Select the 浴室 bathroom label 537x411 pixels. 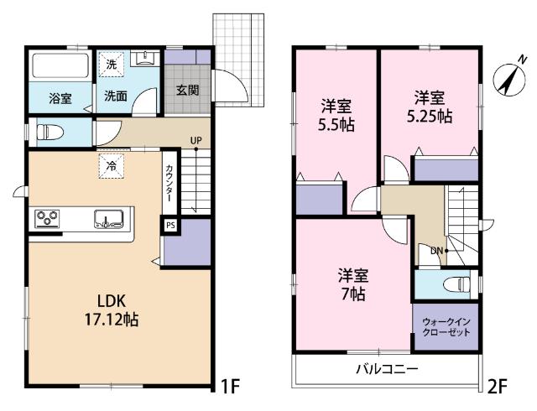pos(59,98)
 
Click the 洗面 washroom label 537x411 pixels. pos(116,96)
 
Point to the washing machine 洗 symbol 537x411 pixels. pos(112,64)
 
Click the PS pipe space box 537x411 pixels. pos(169,225)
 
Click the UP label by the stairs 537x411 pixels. pos(195,139)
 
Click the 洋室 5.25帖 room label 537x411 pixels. pos(430,107)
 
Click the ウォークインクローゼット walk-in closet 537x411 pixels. pos(446,326)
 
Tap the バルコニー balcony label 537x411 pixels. pos(386,369)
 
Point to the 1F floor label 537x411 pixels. pos(230,387)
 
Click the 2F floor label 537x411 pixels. pos(498,387)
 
